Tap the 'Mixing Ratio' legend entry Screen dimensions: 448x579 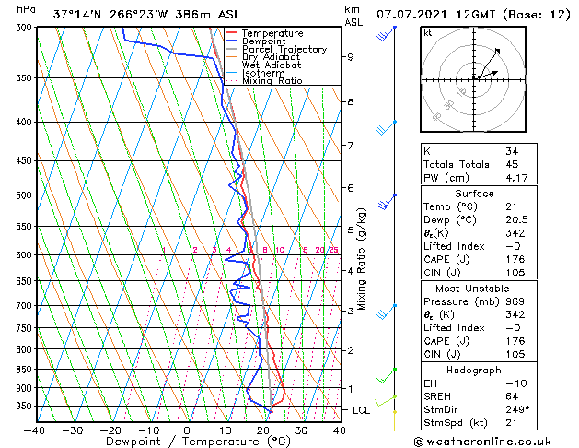pos(272,81)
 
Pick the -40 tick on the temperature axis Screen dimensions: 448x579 pos(35,430)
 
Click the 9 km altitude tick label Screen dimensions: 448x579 pos(351,57)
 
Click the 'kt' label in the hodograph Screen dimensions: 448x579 pos(427,32)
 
